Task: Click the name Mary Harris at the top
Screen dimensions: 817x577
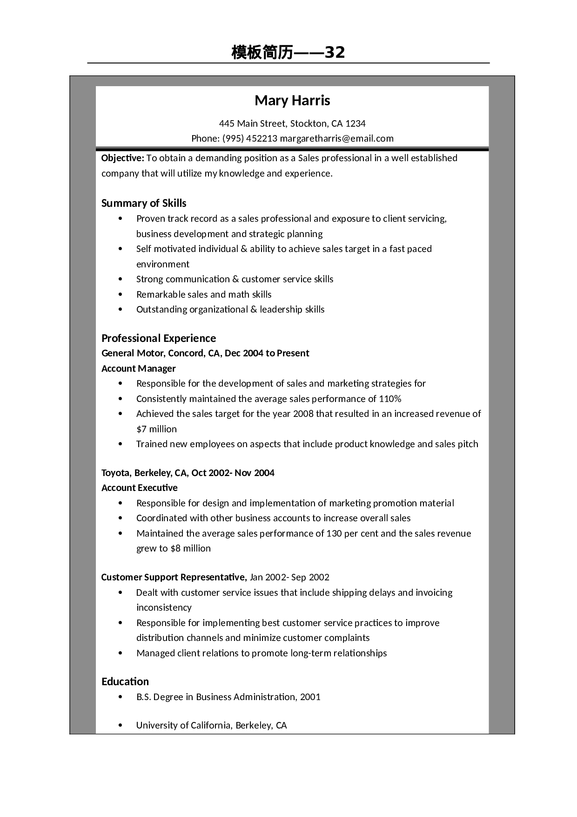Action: [292, 101]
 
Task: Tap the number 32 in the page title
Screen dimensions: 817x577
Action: [335, 53]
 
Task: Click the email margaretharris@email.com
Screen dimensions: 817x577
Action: [337, 138]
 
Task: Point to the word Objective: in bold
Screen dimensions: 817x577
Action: [123, 158]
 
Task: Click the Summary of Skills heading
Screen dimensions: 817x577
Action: [144, 203]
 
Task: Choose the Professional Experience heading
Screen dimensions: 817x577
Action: [159, 338]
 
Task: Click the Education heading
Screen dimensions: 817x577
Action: [125, 681]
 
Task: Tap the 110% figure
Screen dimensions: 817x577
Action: [390, 399]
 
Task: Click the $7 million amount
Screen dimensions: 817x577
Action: [156, 429]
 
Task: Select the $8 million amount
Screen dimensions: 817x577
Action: [191, 548]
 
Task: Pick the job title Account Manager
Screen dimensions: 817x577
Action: [139, 368]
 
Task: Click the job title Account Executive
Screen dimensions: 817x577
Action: [140, 488]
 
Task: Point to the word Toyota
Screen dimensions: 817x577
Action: [116, 473]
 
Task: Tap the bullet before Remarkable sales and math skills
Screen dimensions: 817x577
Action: [121, 294]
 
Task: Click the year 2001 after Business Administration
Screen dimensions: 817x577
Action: [310, 697]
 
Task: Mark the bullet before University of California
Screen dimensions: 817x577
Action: [121, 725]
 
